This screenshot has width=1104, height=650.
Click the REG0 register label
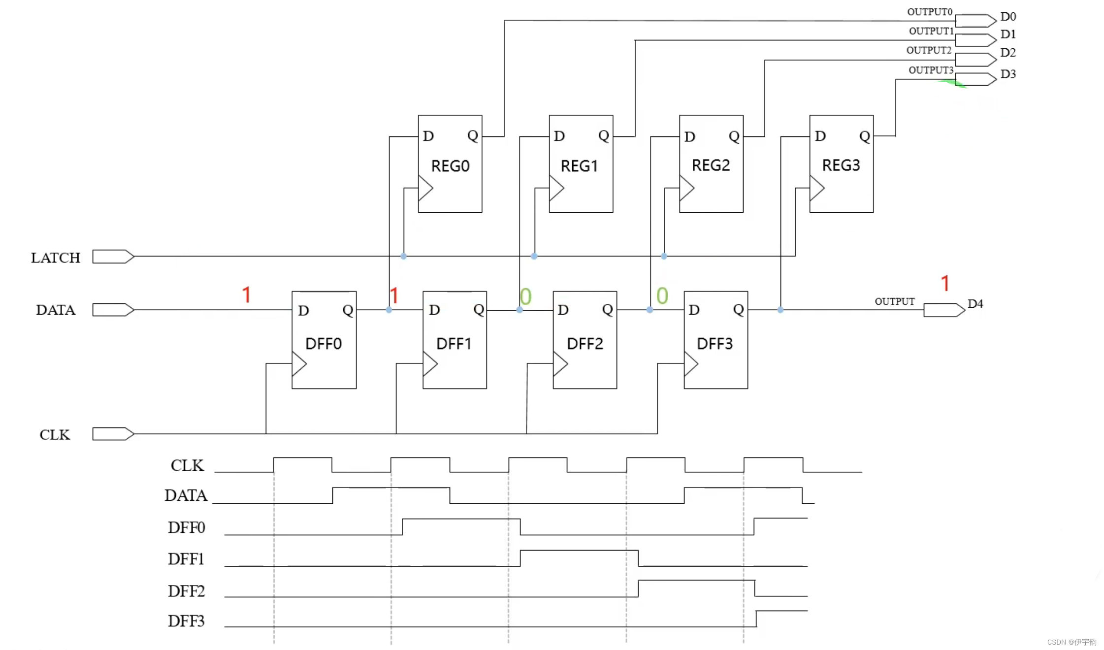tap(450, 166)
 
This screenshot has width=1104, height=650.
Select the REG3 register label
tap(841, 165)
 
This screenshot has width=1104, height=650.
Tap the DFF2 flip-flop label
tap(584, 343)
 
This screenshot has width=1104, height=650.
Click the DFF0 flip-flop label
tap(324, 343)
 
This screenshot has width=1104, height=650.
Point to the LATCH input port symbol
tap(113, 257)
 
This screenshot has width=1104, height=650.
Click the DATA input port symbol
tap(113, 310)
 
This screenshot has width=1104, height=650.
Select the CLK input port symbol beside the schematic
tap(113, 434)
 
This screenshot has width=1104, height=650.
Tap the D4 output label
tap(975, 304)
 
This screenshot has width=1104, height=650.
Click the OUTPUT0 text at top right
tap(930, 12)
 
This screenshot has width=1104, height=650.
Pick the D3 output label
tap(1008, 74)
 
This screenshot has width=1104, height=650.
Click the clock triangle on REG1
tap(556, 188)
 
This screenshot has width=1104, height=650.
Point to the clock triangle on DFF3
tap(690, 364)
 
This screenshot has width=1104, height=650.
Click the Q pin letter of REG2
tap(734, 136)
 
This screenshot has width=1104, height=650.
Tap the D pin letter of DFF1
tap(434, 310)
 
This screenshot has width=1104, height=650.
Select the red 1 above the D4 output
tap(944, 283)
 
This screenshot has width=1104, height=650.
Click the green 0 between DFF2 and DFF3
tap(662, 295)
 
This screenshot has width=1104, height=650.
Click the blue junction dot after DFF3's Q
tap(780, 310)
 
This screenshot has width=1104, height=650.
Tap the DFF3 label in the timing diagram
tap(186, 621)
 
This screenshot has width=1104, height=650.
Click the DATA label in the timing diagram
tap(186, 495)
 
